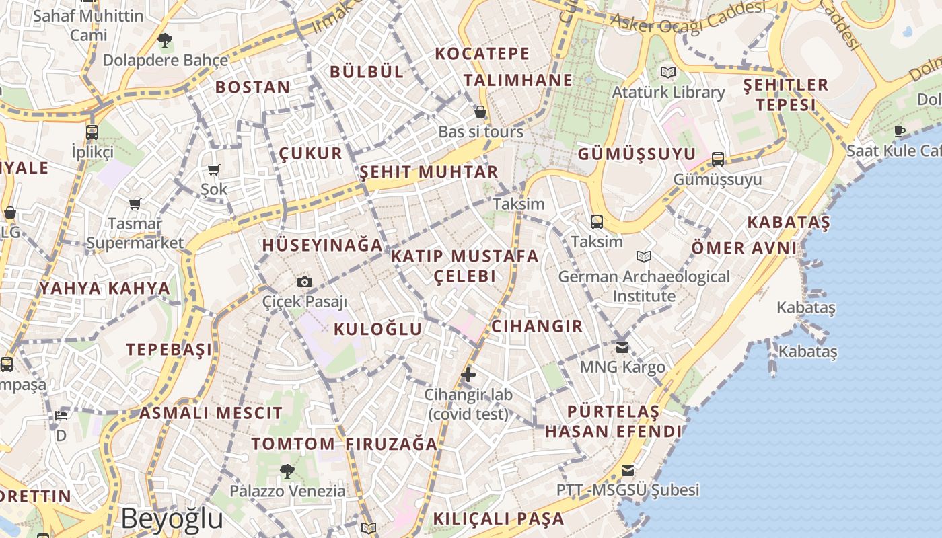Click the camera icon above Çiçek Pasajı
tap(304, 282)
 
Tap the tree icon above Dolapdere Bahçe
tap(164, 40)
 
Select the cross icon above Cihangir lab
tap(468, 375)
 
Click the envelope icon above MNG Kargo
tap(622, 348)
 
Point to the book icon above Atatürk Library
tap(667, 72)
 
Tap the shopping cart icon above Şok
tap(214, 170)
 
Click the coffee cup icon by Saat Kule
tap(900, 130)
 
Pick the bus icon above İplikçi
tap(92, 132)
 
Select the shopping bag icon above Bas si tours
tap(480, 112)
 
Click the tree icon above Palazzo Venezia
tap(287, 471)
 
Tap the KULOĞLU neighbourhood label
tap(378, 329)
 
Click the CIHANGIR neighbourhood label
tap(537, 326)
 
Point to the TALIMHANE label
tap(518, 80)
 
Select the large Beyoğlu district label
tap(172, 518)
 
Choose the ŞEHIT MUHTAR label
tap(429, 171)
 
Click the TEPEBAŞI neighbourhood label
tap(169, 349)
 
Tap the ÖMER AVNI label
tap(744, 248)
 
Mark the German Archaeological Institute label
tap(644, 286)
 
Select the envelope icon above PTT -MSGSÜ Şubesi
tap(628, 470)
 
